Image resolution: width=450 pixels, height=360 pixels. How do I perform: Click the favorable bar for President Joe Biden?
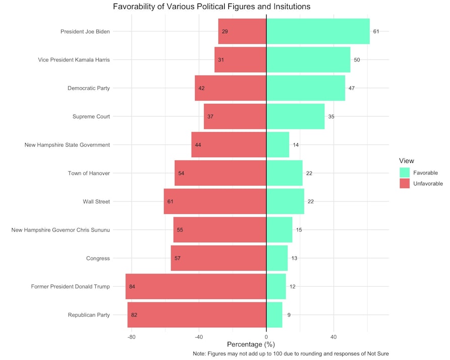pyautogui.click(x=317, y=31)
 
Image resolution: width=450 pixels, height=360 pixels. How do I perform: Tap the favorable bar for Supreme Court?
pyautogui.click(x=295, y=116)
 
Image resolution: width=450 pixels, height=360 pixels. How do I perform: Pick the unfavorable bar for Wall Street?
pyautogui.click(x=215, y=202)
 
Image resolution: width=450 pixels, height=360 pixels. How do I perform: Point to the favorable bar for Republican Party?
pyautogui.click(x=274, y=315)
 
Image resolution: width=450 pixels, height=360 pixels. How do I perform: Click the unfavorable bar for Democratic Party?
pyautogui.click(x=230, y=88)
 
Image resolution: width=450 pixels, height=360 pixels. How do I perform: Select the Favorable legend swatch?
pyautogui.click(x=405, y=173)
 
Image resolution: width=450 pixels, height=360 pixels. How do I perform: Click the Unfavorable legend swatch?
pyautogui.click(x=405, y=184)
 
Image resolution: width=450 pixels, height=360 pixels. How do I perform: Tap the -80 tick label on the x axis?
pyautogui.click(x=132, y=337)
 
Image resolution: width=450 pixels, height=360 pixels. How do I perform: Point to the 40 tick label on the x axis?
pyautogui.click(x=334, y=337)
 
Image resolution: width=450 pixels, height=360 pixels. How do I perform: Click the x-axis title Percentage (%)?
pyautogui.click(x=251, y=345)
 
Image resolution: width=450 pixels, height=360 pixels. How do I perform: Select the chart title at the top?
pyautogui.click(x=212, y=7)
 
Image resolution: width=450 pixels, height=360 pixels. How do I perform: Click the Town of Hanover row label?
pyautogui.click(x=89, y=173)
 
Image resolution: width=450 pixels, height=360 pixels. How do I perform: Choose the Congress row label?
pyautogui.click(x=98, y=259)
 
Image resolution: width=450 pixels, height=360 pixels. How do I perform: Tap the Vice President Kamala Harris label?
pyautogui.click(x=74, y=60)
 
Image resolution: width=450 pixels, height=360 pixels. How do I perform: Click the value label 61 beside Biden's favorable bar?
pyautogui.click(x=376, y=31)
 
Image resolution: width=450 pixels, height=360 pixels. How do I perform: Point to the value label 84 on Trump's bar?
pyautogui.click(x=132, y=287)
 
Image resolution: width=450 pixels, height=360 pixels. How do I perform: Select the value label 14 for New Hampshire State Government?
pyautogui.click(x=296, y=145)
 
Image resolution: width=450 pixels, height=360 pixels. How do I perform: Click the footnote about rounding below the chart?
pyautogui.click(x=291, y=354)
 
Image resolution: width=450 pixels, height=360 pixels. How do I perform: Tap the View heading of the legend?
pyautogui.click(x=406, y=161)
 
